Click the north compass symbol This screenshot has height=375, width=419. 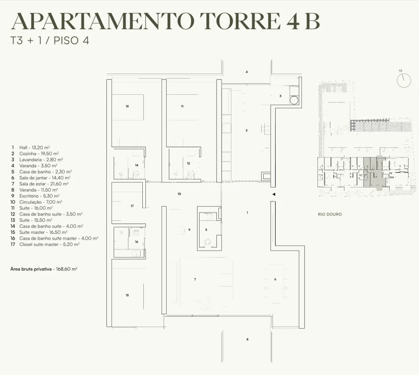[x=403, y=80]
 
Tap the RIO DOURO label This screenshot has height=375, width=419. [x=330, y=214]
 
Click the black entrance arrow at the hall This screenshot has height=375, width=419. [x=274, y=194]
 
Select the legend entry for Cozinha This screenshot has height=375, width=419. [x=35, y=154]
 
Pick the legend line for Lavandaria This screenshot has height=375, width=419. [x=37, y=160]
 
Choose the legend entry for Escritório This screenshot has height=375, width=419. [x=35, y=196]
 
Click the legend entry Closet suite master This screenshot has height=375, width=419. [x=45, y=244]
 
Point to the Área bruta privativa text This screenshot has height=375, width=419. [x=44, y=269]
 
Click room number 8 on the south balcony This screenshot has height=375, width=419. [x=247, y=340]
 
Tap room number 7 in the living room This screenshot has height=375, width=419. [x=195, y=279]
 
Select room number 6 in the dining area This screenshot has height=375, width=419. [x=275, y=279]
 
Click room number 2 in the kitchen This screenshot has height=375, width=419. [x=247, y=130]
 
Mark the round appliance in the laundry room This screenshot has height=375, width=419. [x=294, y=101]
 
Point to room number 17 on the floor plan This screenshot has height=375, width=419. [x=132, y=206]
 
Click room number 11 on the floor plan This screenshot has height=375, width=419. [x=182, y=106]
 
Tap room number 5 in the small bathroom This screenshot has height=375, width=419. [x=206, y=230]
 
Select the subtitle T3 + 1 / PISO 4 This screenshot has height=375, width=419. [x=50, y=41]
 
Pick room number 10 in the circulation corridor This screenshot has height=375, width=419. [x=179, y=194]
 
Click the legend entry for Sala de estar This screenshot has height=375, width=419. [x=40, y=184]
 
